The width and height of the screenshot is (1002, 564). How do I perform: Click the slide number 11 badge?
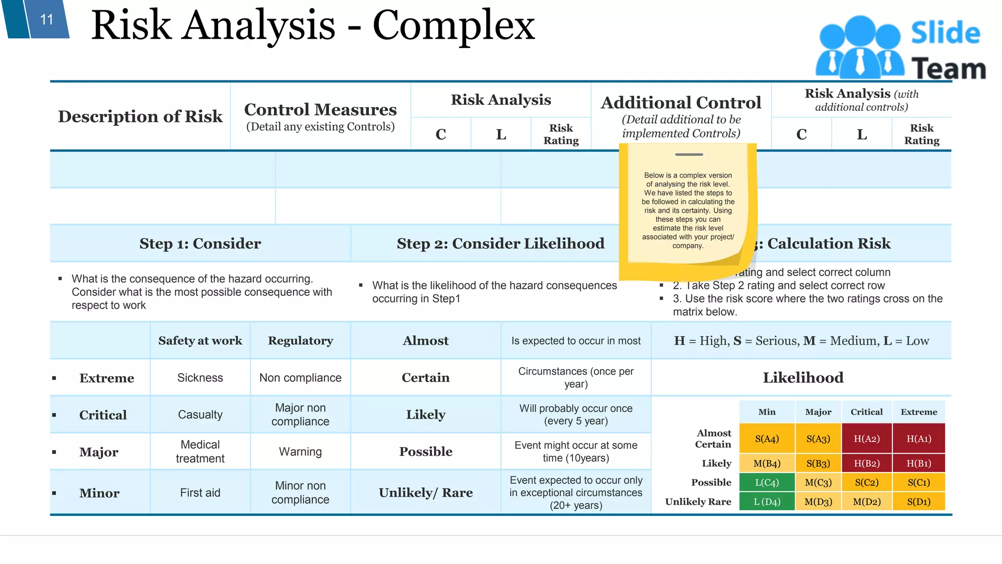point(46,20)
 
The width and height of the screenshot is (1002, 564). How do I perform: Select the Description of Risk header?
point(140,117)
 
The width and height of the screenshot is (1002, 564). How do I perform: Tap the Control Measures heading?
point(320,110)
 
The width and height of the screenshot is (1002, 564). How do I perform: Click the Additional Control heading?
point(681,103)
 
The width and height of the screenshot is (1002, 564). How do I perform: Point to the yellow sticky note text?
point(688,211)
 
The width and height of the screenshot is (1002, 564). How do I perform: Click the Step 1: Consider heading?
point(200,243)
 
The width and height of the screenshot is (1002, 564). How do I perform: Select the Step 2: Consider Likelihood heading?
point(501,243)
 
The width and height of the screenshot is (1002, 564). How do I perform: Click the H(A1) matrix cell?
point(918,439)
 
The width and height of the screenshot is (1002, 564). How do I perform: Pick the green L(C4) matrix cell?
point(767,482)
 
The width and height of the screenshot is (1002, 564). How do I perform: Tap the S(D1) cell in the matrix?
point(918,501)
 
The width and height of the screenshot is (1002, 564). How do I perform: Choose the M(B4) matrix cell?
point(767,463)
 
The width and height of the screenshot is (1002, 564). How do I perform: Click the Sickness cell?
point(200,377)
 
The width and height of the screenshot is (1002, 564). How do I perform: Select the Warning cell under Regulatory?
point(300,451)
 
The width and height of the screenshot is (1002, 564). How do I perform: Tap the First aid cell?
point(200,493)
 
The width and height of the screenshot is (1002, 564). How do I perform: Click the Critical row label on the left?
point(103,415)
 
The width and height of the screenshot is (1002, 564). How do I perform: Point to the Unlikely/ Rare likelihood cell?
point(426,493)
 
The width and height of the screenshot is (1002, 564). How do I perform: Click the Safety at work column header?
point(200,341)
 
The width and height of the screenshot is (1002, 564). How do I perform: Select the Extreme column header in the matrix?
point(918,412)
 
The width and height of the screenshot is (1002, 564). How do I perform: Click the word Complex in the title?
point(454,25)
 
